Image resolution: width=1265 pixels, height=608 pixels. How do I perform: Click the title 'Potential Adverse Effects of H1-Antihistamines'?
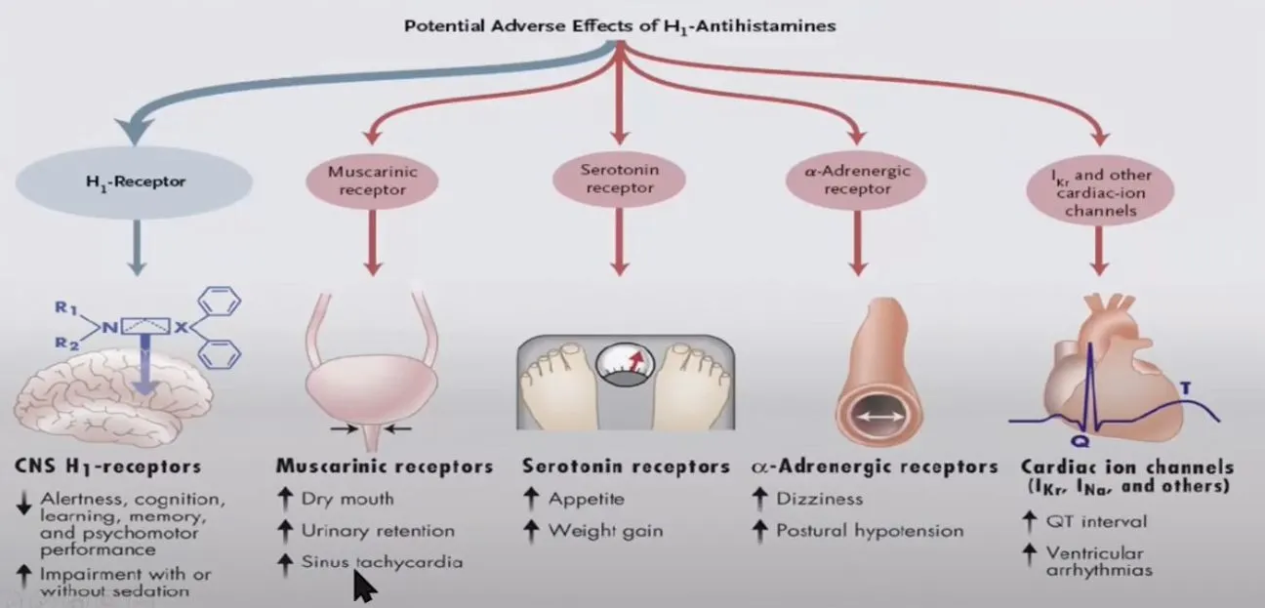[620, 25]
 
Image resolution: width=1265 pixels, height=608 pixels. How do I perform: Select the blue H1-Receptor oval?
[135, 182]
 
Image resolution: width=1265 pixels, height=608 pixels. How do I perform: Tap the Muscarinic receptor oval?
[372, 180]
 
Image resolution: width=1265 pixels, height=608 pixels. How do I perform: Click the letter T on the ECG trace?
[1185, 390]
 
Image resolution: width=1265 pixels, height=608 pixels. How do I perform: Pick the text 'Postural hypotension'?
[870, 531]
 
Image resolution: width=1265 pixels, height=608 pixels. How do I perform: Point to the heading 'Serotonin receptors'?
[626, 466]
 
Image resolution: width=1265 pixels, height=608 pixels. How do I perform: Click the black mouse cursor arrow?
[363, 587]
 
